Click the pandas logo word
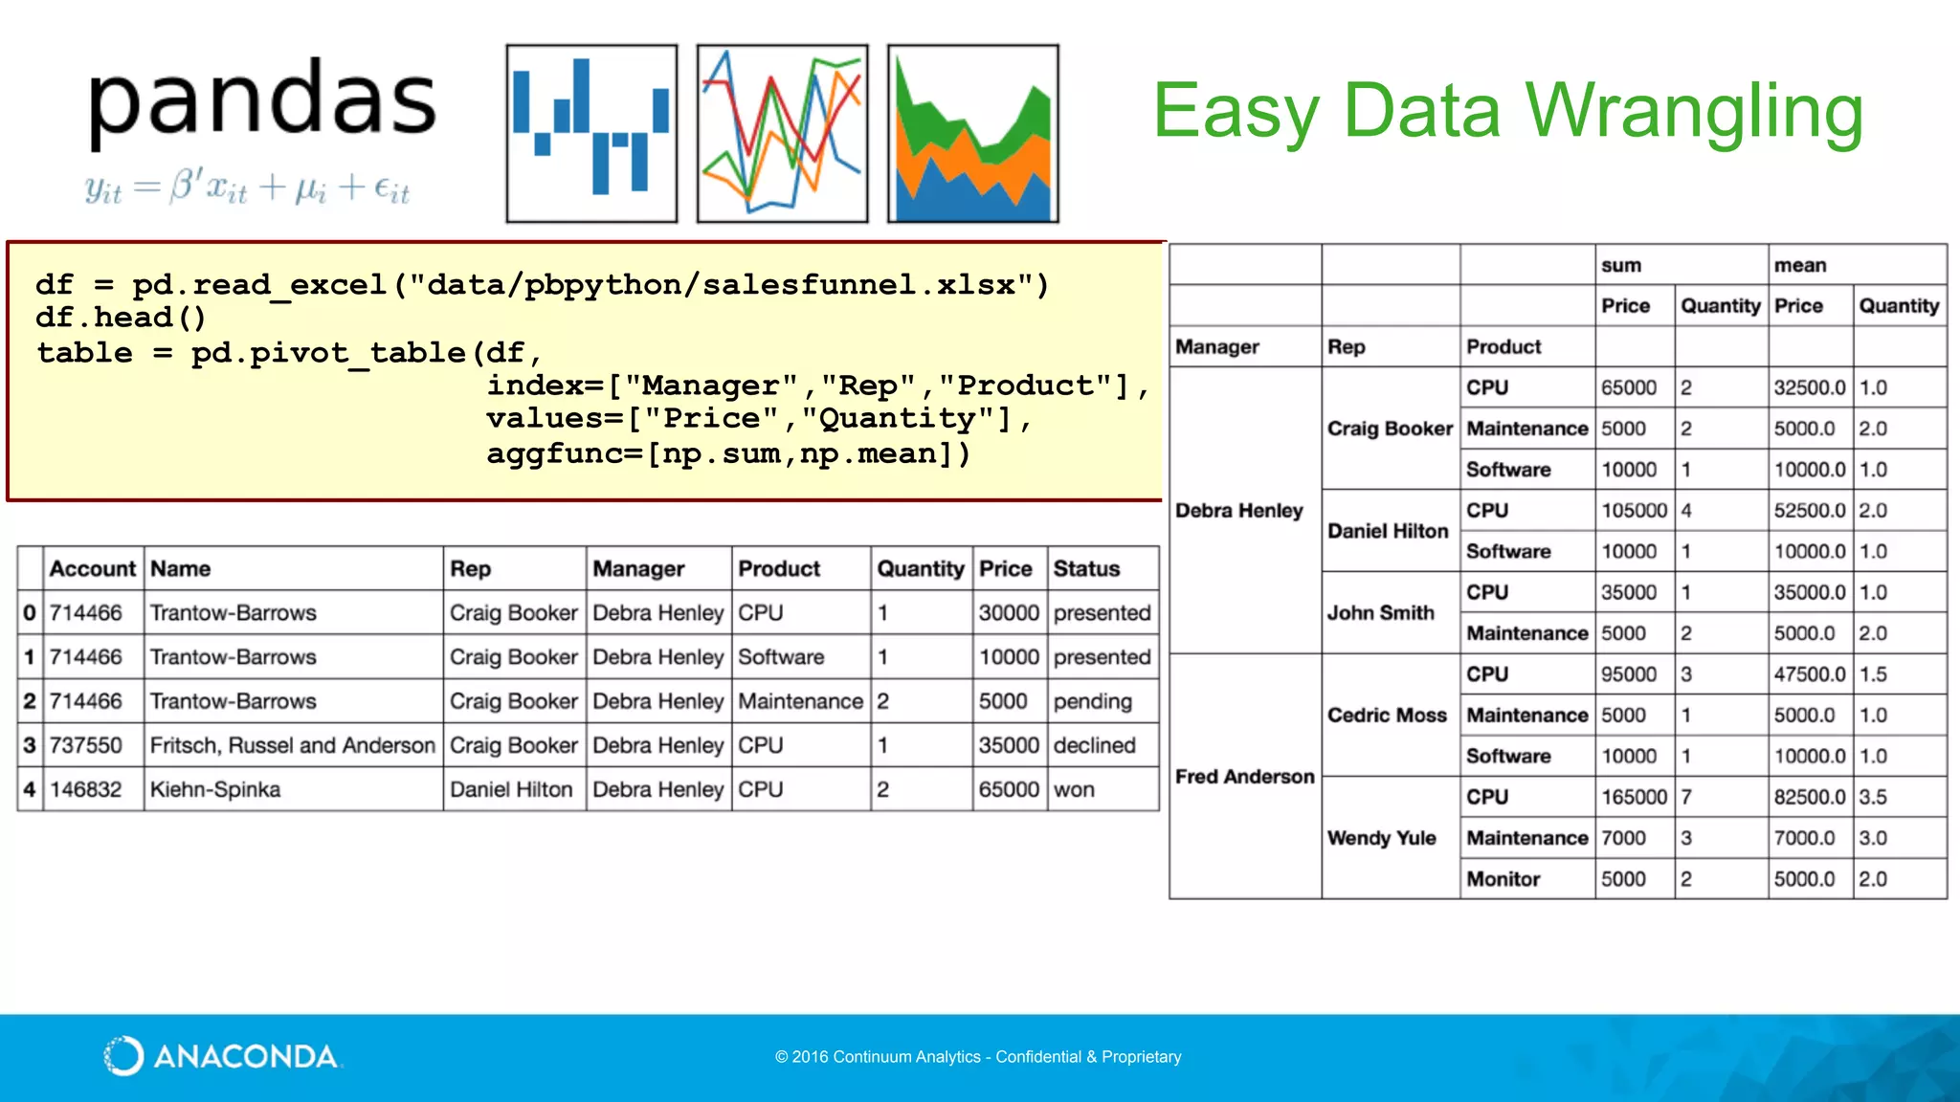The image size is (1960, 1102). pos(261,101)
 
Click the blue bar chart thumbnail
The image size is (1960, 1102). pos(591,133)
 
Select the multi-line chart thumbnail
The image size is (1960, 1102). pos(782,133)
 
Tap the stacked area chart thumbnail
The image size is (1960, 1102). pos(972,133)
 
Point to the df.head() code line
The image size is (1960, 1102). pos(121,318)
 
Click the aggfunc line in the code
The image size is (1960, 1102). pos(727,453)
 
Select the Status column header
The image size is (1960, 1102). pos(1086,569)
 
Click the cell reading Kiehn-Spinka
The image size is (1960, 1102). pos(215,790)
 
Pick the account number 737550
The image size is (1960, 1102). pos(86,746)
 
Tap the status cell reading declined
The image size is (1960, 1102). pos(1094,746)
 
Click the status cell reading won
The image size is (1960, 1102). pos(1074,790)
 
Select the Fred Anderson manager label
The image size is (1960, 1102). pos(1244,777)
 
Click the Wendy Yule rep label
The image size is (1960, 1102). pos(1381,838)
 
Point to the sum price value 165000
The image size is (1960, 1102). pos(1634,797)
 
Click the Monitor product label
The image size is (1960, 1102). pos(1503,879)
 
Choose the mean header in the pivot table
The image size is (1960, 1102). pos(1799,265)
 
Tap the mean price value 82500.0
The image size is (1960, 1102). pos(1809,797)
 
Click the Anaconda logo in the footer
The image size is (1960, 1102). pos(221,1056)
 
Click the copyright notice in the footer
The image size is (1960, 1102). pos(978,1057)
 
